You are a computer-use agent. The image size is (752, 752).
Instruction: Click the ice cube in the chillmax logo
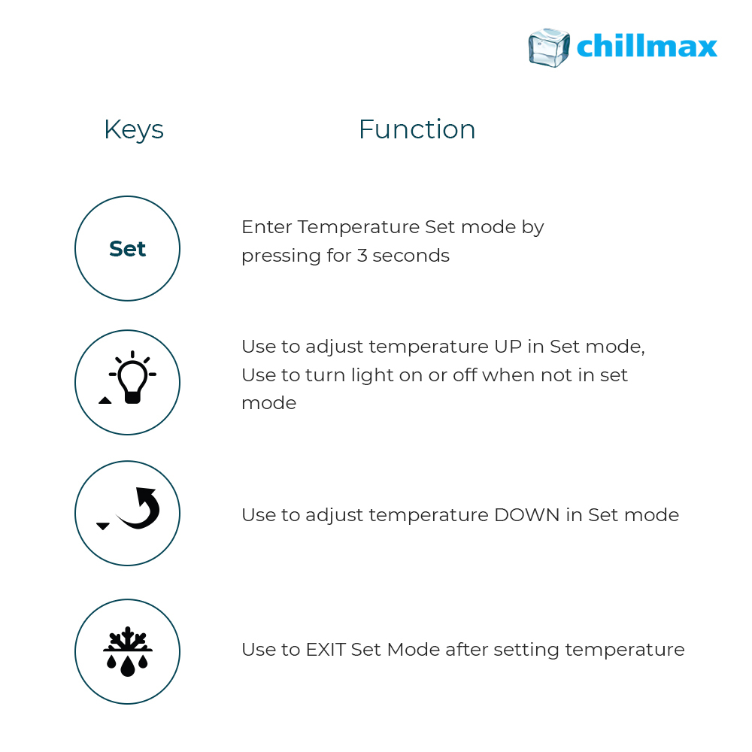pyautogui.click(x=549, y=47)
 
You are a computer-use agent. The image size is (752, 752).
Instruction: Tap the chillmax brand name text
pyautogui.click(x=647, y=46)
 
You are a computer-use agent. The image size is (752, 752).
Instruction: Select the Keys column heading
pyautogui.click(x=134, y=130)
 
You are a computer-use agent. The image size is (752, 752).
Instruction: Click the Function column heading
pyautogui.click(x=417, y=129)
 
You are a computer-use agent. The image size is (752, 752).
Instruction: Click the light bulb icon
pyautogui.click(x=132, y=378)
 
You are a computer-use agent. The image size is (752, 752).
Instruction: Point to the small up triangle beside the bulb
pyautogui.click(x=105, y=401)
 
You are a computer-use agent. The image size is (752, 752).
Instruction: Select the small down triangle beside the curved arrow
pyautogui.click(x=103, y=526)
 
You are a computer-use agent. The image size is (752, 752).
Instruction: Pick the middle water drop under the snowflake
pyautogui.click(x=128, y=666)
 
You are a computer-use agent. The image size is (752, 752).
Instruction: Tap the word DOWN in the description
pyautogui.click(x=527, y=515)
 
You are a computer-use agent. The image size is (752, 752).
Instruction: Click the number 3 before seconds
pyautogui.click(x=362, y=256)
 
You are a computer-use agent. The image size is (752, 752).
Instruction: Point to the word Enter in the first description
pyautogui.click(x=267, y=227)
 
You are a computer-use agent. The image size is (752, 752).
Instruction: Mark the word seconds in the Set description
pyautogui.click(x=411, y=256)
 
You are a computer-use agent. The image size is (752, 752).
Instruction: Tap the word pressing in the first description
pyautogui.click(x=281, y=256)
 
